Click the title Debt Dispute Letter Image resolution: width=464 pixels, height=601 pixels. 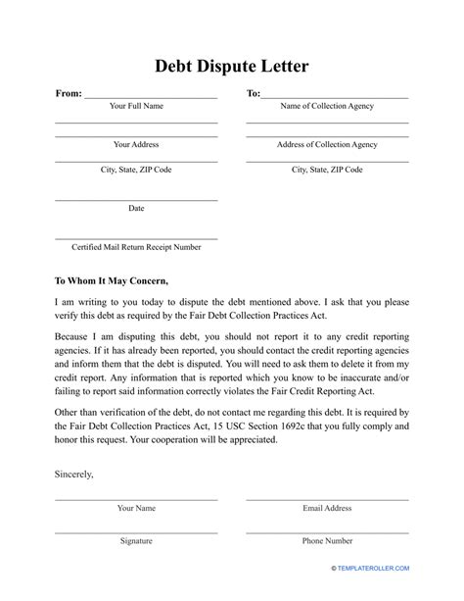pos(231,67)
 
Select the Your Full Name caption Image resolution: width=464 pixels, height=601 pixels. pos(136,106)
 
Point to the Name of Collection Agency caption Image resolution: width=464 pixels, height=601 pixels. pos(327,106)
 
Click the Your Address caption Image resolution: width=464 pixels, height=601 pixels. pos(136,144)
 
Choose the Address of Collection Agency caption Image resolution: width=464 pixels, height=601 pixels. pos(327,144)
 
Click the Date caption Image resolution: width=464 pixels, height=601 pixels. pos(136,208)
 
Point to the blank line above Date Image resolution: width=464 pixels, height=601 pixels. pos(136,199)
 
